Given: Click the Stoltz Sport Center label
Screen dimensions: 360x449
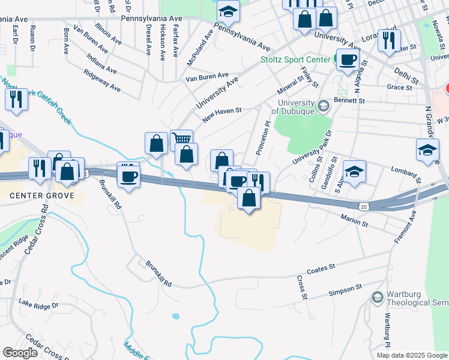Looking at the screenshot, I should pyautogui.click(x=293, y=60).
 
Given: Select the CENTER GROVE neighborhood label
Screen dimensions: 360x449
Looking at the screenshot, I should pyautogui.click(x=42, y=196).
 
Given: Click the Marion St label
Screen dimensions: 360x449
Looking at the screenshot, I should pyautogui.click(x=354, y=220).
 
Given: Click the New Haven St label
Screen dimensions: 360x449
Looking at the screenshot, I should pyautogui.click(x=221, y=115).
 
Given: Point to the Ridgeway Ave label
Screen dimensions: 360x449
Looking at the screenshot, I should pyautogui.click(x=102, y=82).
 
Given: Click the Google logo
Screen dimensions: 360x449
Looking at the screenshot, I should pyautogui.click(x=20, y=353).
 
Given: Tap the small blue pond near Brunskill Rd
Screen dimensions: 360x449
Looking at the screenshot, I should pyautogui.click(x=175, y=316).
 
